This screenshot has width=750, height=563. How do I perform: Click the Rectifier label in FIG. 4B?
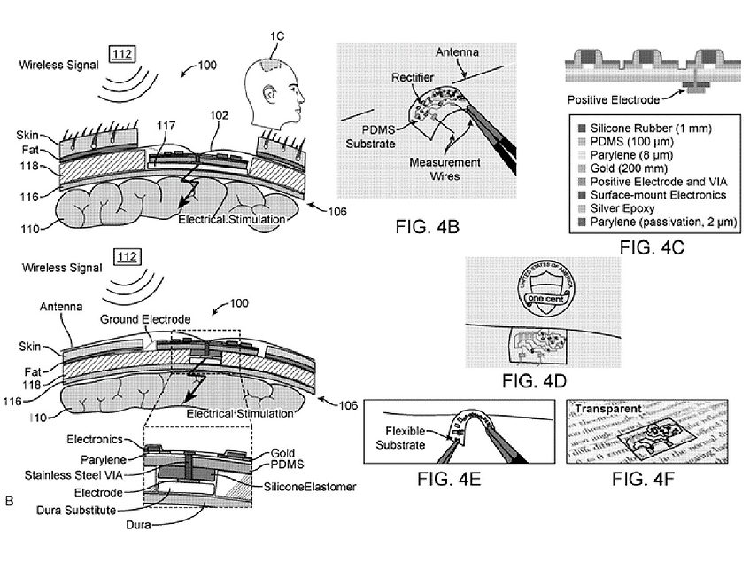point(412,77)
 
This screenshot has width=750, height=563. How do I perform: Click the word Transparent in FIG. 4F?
point(607,411)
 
